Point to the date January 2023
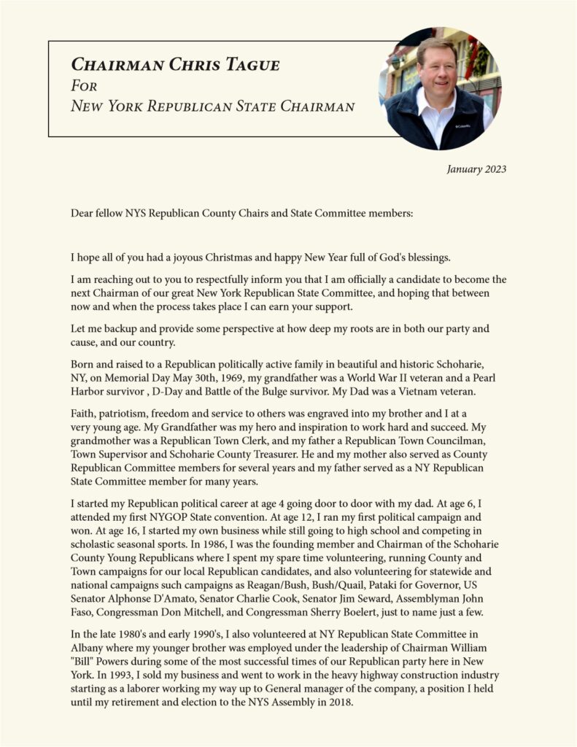[x=476, y=170]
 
